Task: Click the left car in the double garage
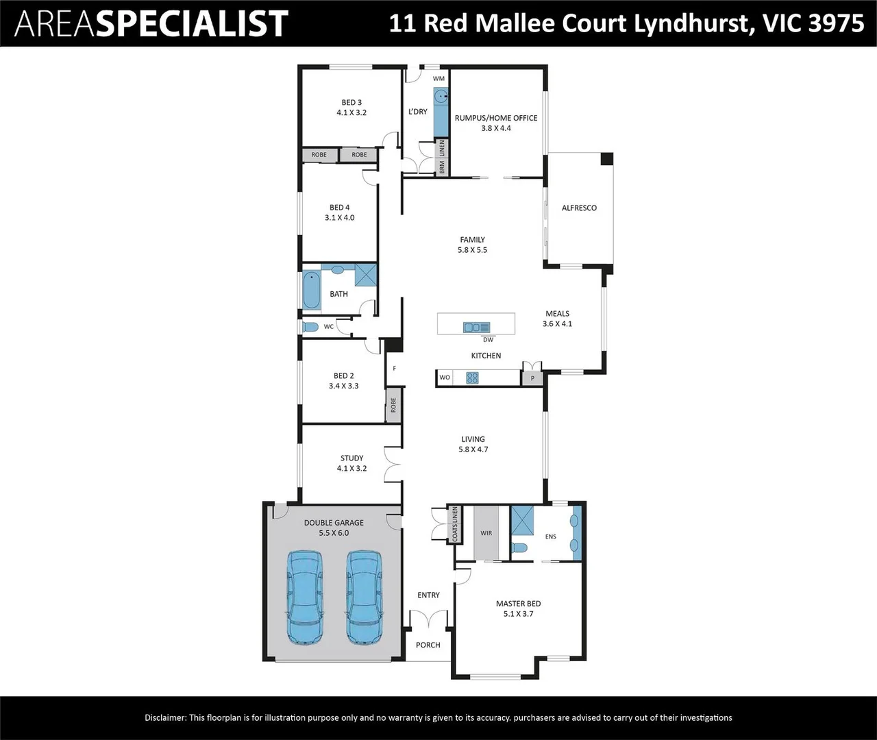point(305,597)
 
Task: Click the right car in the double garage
point(364,597)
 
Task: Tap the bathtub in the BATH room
point(311,291)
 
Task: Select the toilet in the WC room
point(310,327)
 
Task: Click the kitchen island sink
point(476,327)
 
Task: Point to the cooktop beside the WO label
point(472,378)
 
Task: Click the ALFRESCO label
point(579,208)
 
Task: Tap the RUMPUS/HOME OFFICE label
point(496,118)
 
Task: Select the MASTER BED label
point(518,604)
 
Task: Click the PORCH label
point(428,645)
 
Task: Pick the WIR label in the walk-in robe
point(486,533)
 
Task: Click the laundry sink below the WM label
point(441,97)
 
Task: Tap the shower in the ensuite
point(522,520)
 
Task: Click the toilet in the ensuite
point(520,548)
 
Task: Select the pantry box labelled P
point(532,378)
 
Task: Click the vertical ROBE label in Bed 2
point(393,405)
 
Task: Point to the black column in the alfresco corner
point(606,159)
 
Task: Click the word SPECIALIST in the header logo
point(193,23)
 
